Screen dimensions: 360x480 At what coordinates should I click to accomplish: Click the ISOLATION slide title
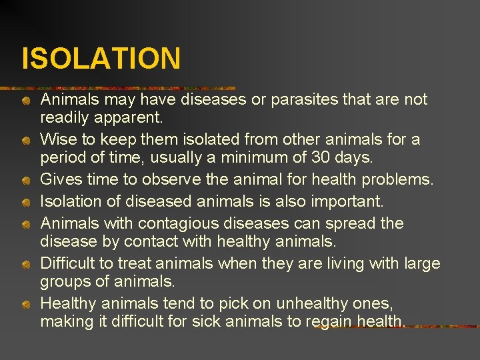pos(101,58)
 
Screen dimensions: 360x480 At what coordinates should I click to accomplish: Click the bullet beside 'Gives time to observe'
pos(25,181)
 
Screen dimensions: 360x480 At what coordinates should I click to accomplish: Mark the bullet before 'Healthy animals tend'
pos(25,305)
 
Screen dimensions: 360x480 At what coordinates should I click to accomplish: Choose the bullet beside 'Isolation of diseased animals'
pos(25,203)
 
